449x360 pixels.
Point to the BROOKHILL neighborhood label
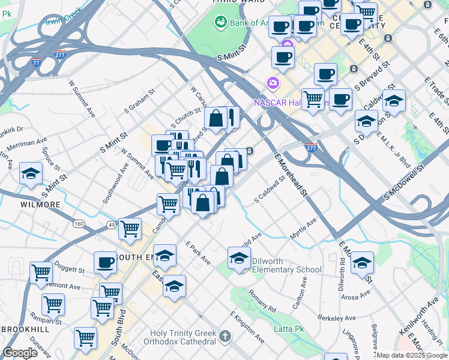(x=26, y=330)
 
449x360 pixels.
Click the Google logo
(x=20, y=353)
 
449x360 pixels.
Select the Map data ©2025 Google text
(x=412, y=355)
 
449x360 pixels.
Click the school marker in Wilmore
(x=31, y=174)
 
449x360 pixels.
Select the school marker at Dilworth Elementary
(x=239, y=259)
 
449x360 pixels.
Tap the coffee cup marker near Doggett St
(x=105, y=263)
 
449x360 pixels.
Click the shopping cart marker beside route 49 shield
(x=130, y=229)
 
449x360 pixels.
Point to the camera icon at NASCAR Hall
(x=273, y=82)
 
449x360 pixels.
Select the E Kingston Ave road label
(x=247, y=328)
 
